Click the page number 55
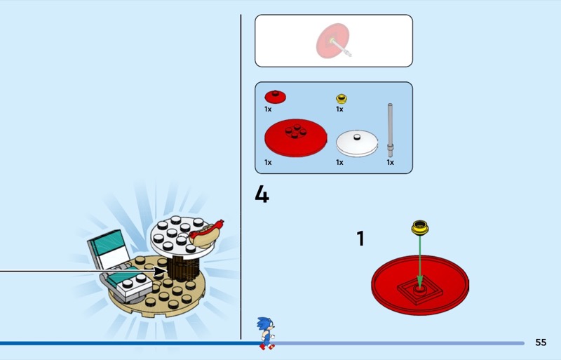click(541, 342)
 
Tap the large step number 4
click(262, 194)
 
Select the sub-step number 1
click(360, 238)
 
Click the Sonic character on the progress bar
click(266, 333)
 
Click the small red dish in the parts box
click(275, 97)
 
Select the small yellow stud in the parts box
click(342, 99)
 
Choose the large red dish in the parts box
click(296, 138)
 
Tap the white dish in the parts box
click(357, 143)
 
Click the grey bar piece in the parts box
click(390, 130)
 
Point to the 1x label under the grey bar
click(390, 163)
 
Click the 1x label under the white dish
click(339, 163)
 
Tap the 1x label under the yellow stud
click(339, 109)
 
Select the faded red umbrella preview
click(332, 41)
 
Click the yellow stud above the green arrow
click(420, 227)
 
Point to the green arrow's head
click(420, 281)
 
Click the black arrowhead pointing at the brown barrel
click(161, 271)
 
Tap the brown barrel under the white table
click(184, 269)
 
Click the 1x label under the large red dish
click(268, 163)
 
